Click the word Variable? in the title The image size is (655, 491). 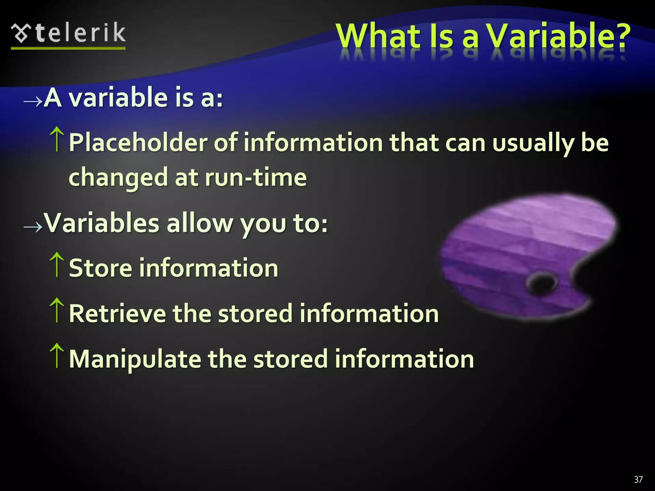(558, 36)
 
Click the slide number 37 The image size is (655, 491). (638, 479)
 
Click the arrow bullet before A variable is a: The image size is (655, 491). (33, 101)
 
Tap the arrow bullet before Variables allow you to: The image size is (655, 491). (33, 227)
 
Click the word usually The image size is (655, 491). (533, 143)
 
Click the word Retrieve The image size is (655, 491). (117, 314)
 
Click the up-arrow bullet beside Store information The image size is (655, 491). (57, 265)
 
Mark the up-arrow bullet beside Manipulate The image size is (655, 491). (57, 355)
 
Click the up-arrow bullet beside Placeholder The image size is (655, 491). (57, 139)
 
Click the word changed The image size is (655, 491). (118, 177)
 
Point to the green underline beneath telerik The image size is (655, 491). (68, 48)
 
